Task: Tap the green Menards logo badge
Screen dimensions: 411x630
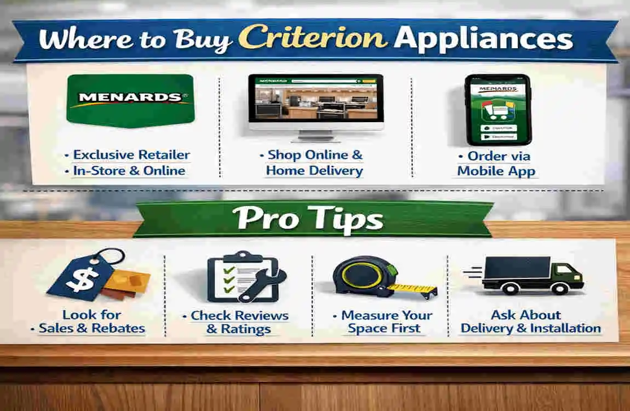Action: [x=130, y=100]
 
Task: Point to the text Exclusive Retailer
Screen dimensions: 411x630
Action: [x=131, y=155]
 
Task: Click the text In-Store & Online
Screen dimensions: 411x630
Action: [x=129, y=171]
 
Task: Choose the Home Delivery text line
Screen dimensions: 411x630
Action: [x=314, y=170]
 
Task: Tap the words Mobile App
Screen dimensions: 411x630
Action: [x=496, y=171]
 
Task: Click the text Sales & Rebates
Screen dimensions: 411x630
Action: [x=92, y=329]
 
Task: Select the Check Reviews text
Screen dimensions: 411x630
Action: [x=239, y=316]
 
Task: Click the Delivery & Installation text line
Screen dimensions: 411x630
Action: [x=530, y=329]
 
